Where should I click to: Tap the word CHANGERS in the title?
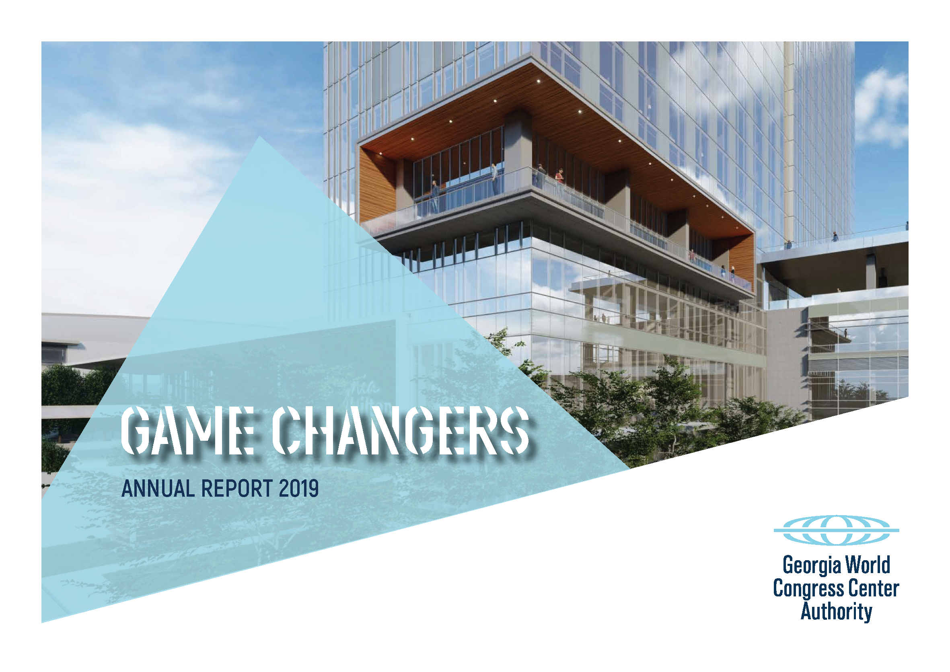pyautogui.click(x=401, y=430)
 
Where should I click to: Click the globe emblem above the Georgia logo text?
pyautogui.click(x=836, y=530)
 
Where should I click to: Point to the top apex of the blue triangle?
pyautogui.click(x=259, y=137)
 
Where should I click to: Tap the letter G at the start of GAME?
pyautogui.click(x=136, y=430)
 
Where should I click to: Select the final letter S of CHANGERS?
pyautogui.click(x=514, y=430)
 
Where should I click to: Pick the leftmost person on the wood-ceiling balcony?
pyautogui.click(x=435, y=196)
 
